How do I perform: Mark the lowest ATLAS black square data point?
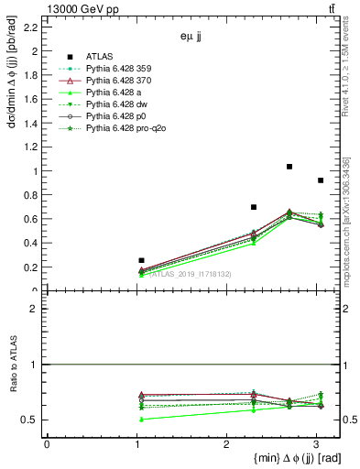pos(141,260)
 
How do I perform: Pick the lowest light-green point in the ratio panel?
pos(141,419)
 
